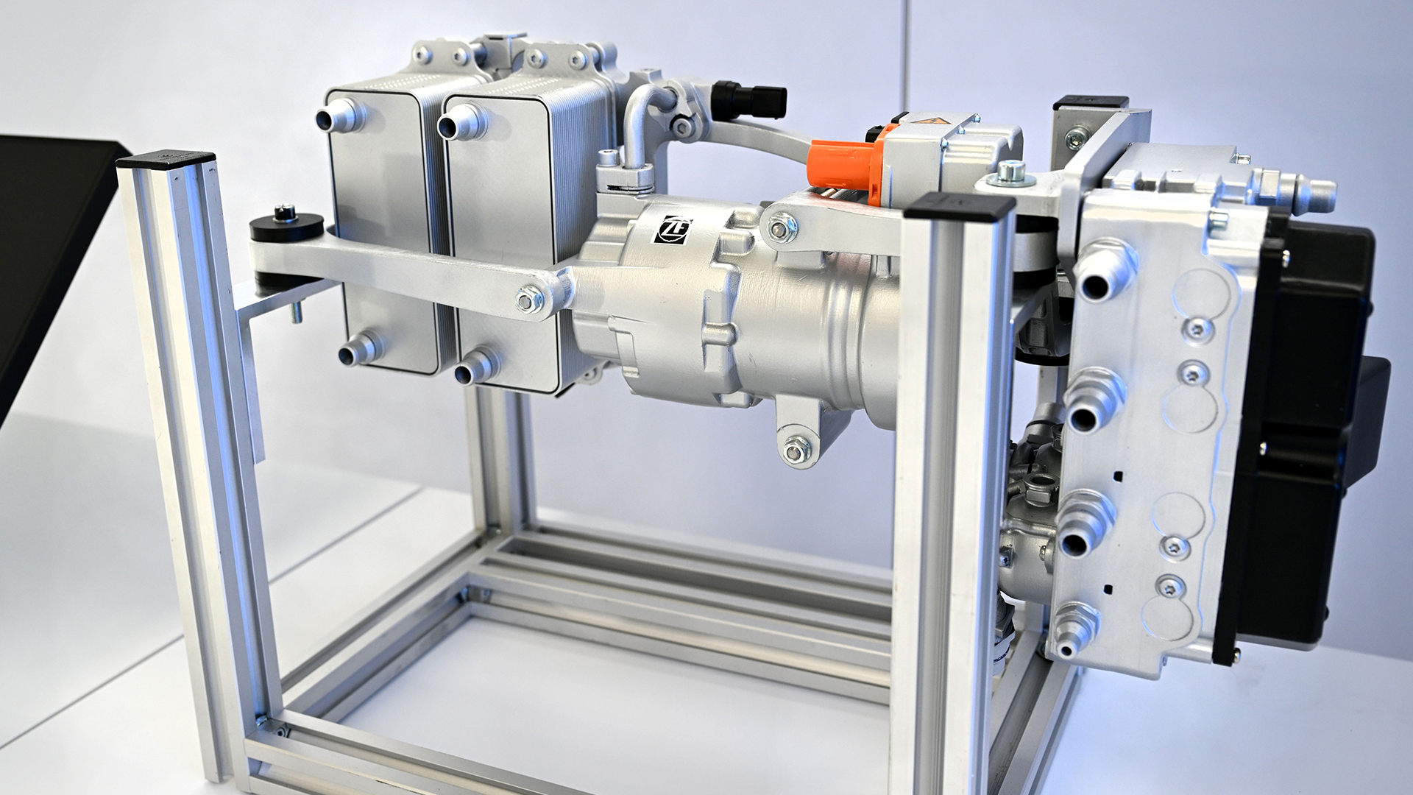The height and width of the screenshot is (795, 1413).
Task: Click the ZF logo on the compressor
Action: tap(673, 230)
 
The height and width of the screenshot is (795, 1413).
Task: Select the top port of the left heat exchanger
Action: tap(338, 118)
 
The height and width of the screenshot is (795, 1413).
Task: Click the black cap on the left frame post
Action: tap(166, 160)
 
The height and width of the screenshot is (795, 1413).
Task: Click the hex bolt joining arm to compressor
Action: tap(528, 300)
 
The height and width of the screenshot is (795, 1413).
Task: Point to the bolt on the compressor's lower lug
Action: tap(796, 448)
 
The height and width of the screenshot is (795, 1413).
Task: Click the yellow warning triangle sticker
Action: tap(932, 123)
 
